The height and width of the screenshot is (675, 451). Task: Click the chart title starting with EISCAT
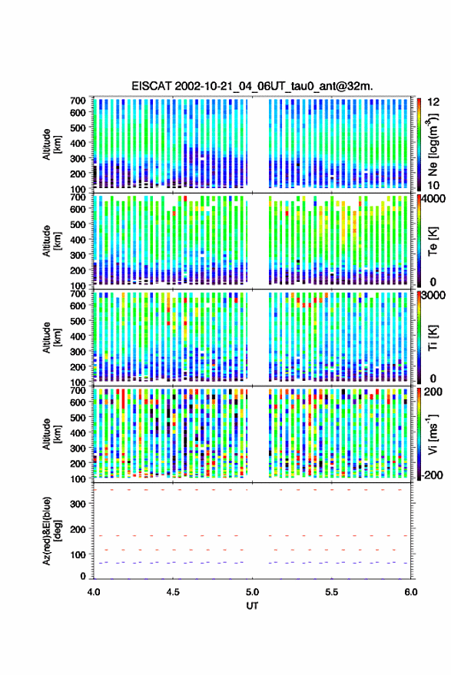click(x=252, y=86)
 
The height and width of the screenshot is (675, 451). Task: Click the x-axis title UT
click(x=252, y=606)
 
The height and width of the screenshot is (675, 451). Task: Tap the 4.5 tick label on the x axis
click(x=173, y=592)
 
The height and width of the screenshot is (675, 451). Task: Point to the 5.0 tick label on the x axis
click(x=252, y=592)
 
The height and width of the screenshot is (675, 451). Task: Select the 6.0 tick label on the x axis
click(x=410, y=592)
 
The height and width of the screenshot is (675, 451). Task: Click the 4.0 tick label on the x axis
click(x=94, y=592)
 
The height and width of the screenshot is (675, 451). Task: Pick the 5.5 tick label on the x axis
click(x=331, y=592)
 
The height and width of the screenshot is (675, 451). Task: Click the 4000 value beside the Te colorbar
click(x=433, y=200)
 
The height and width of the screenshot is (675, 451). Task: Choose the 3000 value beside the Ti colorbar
click(x=433, y=296)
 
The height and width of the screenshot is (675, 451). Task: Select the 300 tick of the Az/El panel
click(x=78, y=504)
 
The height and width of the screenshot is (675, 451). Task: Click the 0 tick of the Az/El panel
click(x=83, y=576)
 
